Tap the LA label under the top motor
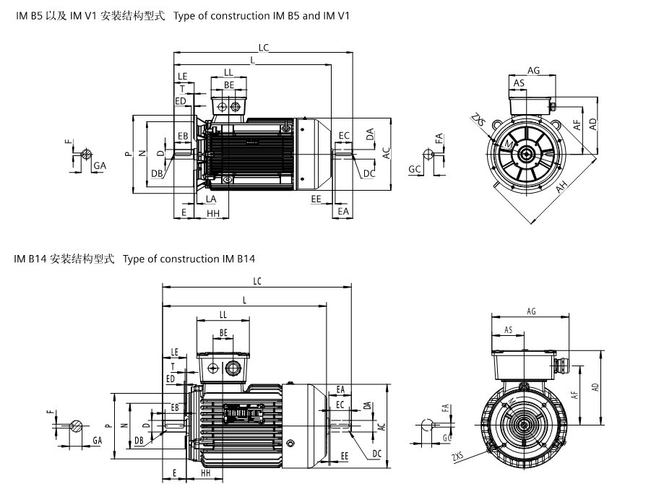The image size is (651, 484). pos(211,199)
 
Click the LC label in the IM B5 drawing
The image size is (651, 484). pos(264,48)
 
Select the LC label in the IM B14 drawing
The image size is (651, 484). pos(256,281)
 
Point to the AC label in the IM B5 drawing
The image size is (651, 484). pos(387,152)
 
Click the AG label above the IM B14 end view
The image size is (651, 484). pos(531,311)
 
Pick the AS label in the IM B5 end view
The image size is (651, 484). pos(519,84)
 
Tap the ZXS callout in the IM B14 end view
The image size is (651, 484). pos(457,458)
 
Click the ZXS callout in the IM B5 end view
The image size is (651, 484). pos(477,119)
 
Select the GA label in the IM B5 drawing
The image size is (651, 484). pos(100,165)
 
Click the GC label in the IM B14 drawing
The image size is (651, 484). pos(447,438)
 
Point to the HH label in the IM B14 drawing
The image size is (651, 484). pos(205,472)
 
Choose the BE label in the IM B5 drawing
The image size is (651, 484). pos(229,85)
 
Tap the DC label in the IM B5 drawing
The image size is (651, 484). pos(369,173)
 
